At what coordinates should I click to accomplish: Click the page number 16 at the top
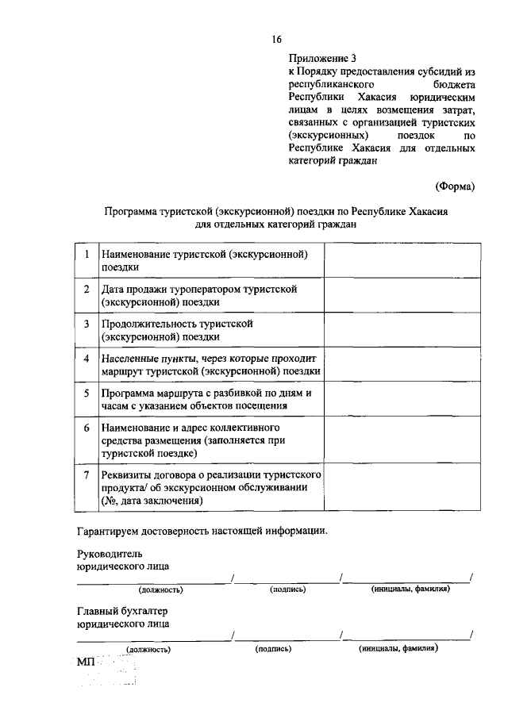pos(276,39)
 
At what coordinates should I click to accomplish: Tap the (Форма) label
pos(455,186)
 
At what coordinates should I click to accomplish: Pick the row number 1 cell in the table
pos(85,254)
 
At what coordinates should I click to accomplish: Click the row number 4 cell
pos(85,358)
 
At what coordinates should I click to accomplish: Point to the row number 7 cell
pos(85,474)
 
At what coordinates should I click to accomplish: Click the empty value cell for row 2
pos(402,295)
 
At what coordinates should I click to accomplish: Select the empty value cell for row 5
pos(402,399)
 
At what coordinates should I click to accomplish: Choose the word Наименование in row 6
pos(137,428)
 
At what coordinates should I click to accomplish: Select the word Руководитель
pos(111,553)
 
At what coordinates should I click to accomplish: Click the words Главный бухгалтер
pos(123,611)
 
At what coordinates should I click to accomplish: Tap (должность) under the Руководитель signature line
pos(161,589)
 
